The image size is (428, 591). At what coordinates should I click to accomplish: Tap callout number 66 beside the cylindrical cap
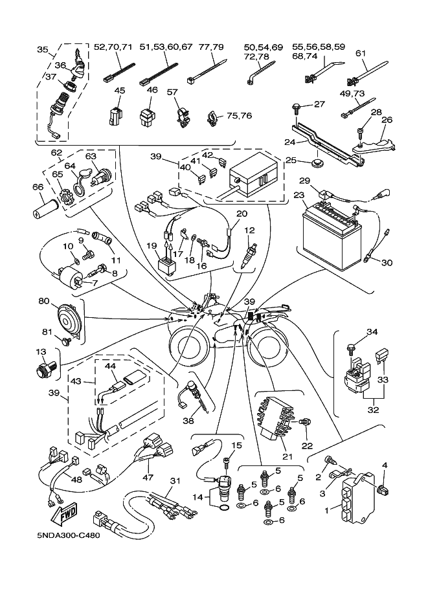(38, 188)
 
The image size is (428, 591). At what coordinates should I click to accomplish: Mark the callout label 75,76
(239, 116)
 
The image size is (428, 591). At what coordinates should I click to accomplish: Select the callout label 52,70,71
(113, 47)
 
